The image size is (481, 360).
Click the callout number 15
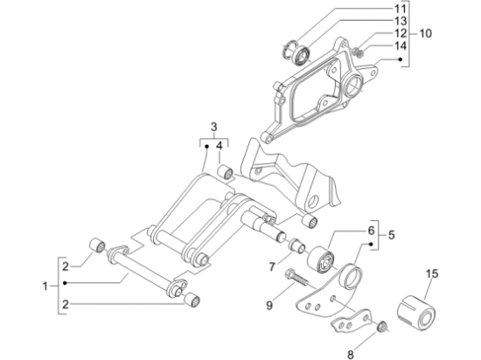click(432, 273)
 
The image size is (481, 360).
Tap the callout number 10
click(425, 33)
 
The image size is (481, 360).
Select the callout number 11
click(400, 9)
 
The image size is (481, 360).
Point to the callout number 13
click(400, 21)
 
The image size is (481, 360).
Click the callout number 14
click(400, 46)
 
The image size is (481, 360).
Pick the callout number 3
click(213, 127)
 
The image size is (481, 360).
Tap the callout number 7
click(272, 267)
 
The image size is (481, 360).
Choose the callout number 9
click(269, 306)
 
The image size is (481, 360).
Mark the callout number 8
click(351, 355)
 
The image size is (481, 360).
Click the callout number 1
click(45, 287)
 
